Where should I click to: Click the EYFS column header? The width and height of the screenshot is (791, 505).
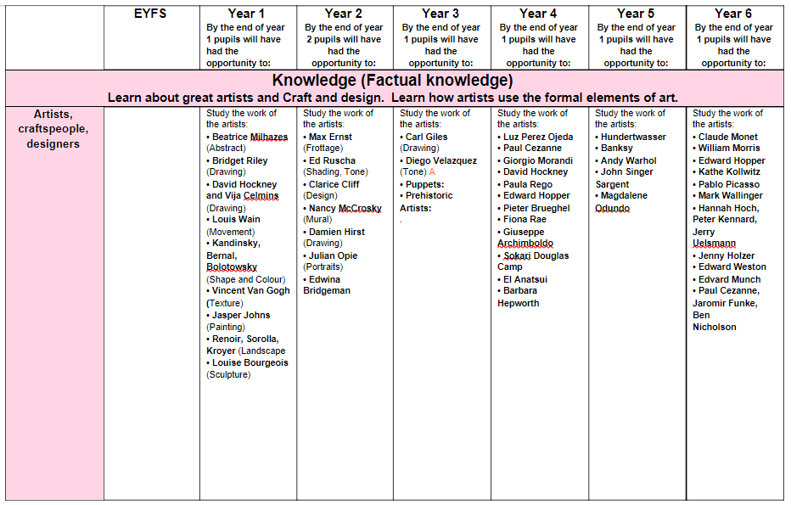click(x=151, y=14)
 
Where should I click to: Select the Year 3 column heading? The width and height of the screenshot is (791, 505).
click(x=440, y=14)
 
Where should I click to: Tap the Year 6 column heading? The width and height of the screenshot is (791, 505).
click(x=733, y=14)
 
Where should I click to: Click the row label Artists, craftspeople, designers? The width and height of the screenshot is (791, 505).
click(x=53, y=128)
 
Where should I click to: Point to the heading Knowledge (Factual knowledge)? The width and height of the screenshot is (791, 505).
click(x=392, y=81)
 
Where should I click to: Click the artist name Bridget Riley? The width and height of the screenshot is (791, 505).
click(x=239, y=160)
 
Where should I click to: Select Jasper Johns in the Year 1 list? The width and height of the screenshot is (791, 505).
click(x=241, y=315)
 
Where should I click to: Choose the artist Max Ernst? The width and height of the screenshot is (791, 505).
click(x=330, y=137)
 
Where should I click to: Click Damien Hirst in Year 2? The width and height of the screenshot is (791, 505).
click(x=339, y=232)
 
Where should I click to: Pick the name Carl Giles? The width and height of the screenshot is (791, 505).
click(x=426, y=137)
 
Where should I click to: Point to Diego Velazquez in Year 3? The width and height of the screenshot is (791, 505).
click(x=440, y=160)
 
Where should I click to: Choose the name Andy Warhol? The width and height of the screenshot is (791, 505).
click(x=629, y=160)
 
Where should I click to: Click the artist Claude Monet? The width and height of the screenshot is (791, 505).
click(x=727, y=137)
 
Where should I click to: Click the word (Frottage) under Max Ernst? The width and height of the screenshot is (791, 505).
click(x=323, y=149)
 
